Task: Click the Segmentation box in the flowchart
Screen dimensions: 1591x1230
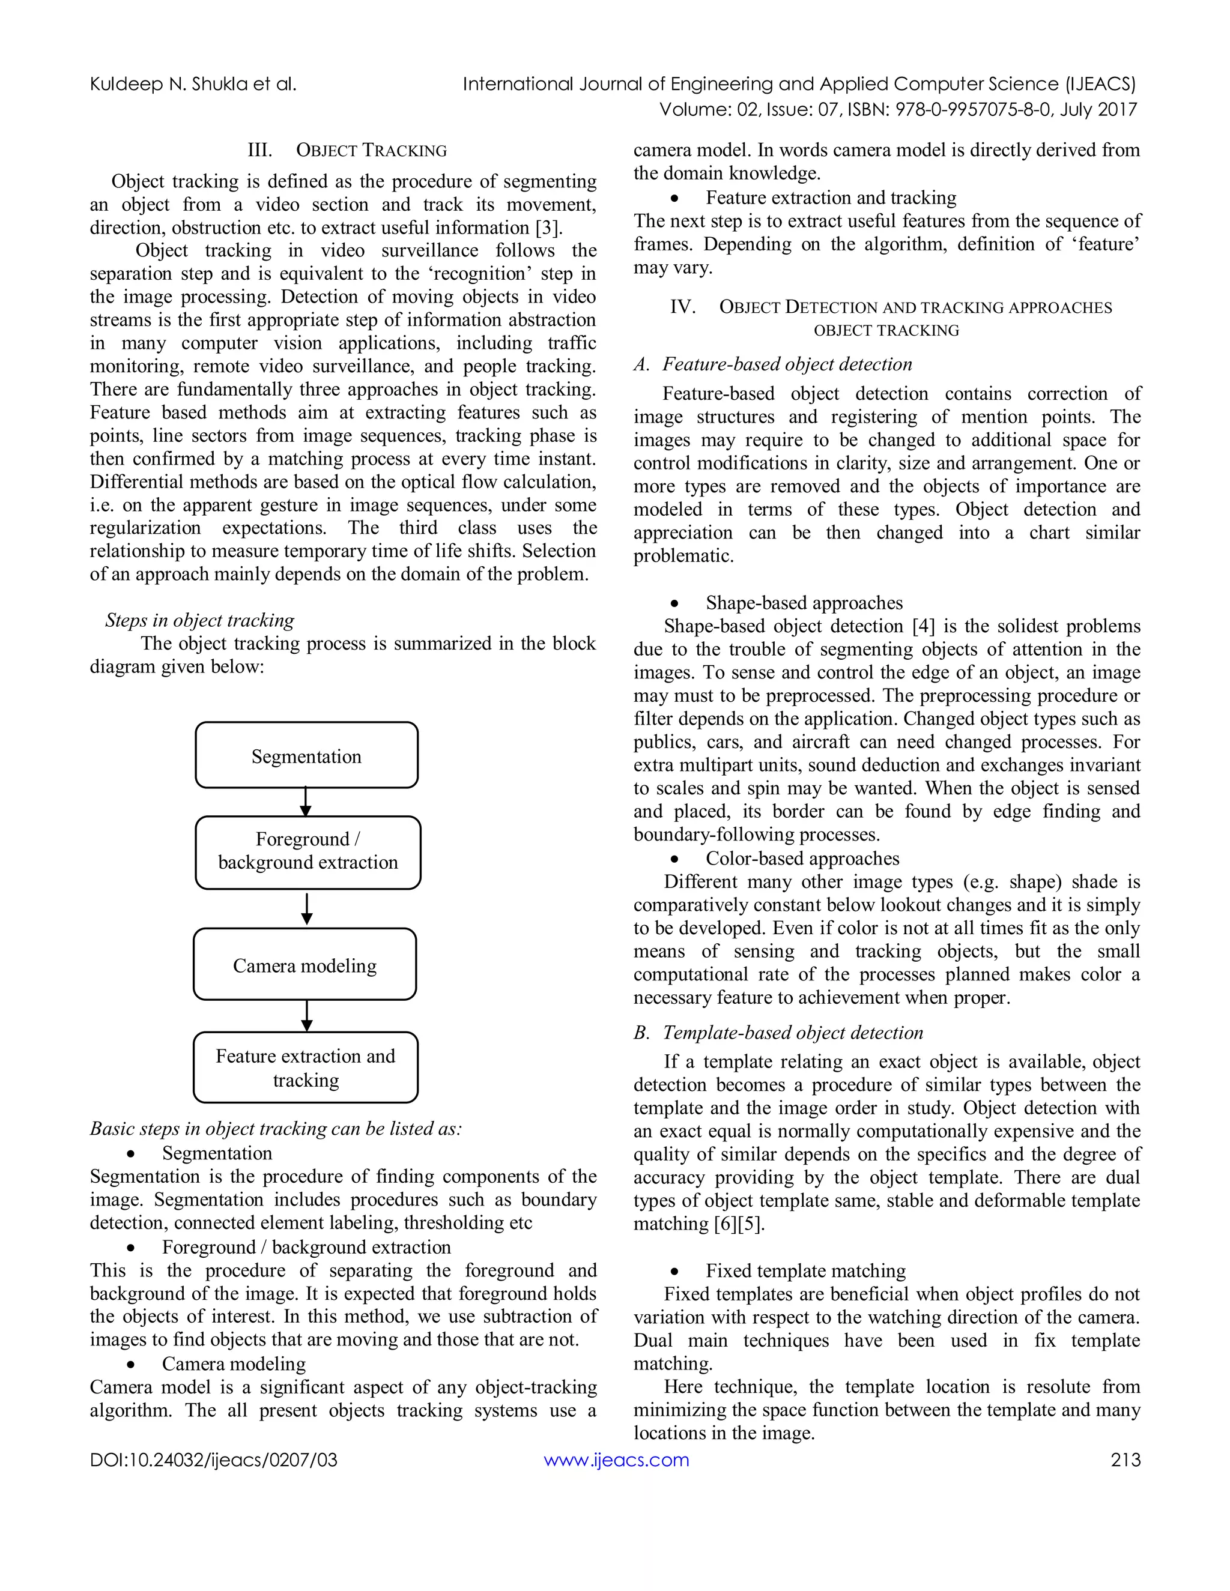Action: coord(307,755)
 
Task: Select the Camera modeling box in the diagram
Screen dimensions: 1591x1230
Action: coord(304,965)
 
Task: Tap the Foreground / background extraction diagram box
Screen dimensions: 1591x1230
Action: coord(307,851)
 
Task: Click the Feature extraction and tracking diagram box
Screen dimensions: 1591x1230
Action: coord(305,1067)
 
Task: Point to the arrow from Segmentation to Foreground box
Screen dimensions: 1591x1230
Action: coord(306,802)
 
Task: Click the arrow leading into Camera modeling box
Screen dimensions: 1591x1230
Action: coord(307,909)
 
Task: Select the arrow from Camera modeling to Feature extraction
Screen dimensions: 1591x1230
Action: coord(307,1015)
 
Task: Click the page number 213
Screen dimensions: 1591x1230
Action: coord(1125,1459)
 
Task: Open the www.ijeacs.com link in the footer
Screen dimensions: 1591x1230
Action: coord(616,1459)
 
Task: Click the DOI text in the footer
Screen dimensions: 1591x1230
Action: coord(213,1459)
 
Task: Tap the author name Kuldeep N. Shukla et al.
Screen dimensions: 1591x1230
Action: coord(193,85)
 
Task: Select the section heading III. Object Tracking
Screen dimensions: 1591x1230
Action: coord(348,150)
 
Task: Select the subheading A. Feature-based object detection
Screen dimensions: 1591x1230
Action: coord(773,364)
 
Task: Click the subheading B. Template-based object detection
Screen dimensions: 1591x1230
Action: coord(778,1032)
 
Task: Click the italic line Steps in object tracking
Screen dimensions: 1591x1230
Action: coord(199,620)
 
